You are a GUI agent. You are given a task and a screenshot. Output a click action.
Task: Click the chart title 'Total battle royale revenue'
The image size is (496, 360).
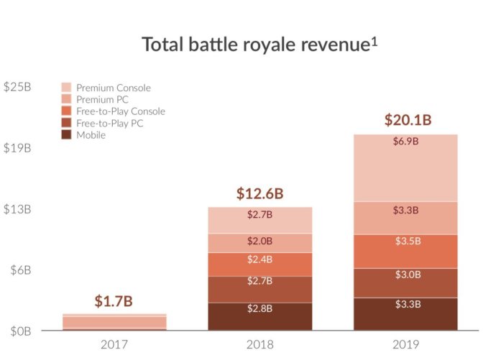click(x=255, y=45)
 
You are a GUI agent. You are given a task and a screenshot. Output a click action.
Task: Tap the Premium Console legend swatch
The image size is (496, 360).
click(x=68, y=88)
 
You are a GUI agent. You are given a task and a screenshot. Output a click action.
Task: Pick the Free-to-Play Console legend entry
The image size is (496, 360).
click(x=121, y=111)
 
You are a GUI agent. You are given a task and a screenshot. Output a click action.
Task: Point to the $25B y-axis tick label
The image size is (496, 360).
click(x=17, y=87)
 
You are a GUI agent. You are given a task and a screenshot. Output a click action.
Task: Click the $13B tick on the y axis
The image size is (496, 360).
click(x=17, y=209)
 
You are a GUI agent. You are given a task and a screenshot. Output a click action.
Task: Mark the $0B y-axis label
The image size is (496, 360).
click(x=17, y=331)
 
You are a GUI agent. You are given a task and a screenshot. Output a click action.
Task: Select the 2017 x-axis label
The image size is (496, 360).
click(x=115, y=345)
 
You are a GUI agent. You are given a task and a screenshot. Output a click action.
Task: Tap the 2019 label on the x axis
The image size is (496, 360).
click(x=405, y=345)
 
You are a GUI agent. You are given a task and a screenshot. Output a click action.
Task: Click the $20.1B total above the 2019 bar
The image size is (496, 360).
click(x=405, y=119)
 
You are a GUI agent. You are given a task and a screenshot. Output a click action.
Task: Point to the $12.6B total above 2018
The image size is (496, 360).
click(x=260, y=193)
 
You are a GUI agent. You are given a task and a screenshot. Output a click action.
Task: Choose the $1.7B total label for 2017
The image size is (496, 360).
click(x=114, y=301)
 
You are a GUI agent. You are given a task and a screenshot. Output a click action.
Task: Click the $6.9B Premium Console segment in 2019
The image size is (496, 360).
click(x=405, y=167)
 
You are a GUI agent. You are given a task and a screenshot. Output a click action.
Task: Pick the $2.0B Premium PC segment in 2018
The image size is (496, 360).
click(x=260, y=243)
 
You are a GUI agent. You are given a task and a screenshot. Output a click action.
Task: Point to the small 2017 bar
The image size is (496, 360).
click(x=115, y=322)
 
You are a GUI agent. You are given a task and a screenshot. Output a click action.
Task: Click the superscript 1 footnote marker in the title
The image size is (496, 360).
click(x=374, y=40)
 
